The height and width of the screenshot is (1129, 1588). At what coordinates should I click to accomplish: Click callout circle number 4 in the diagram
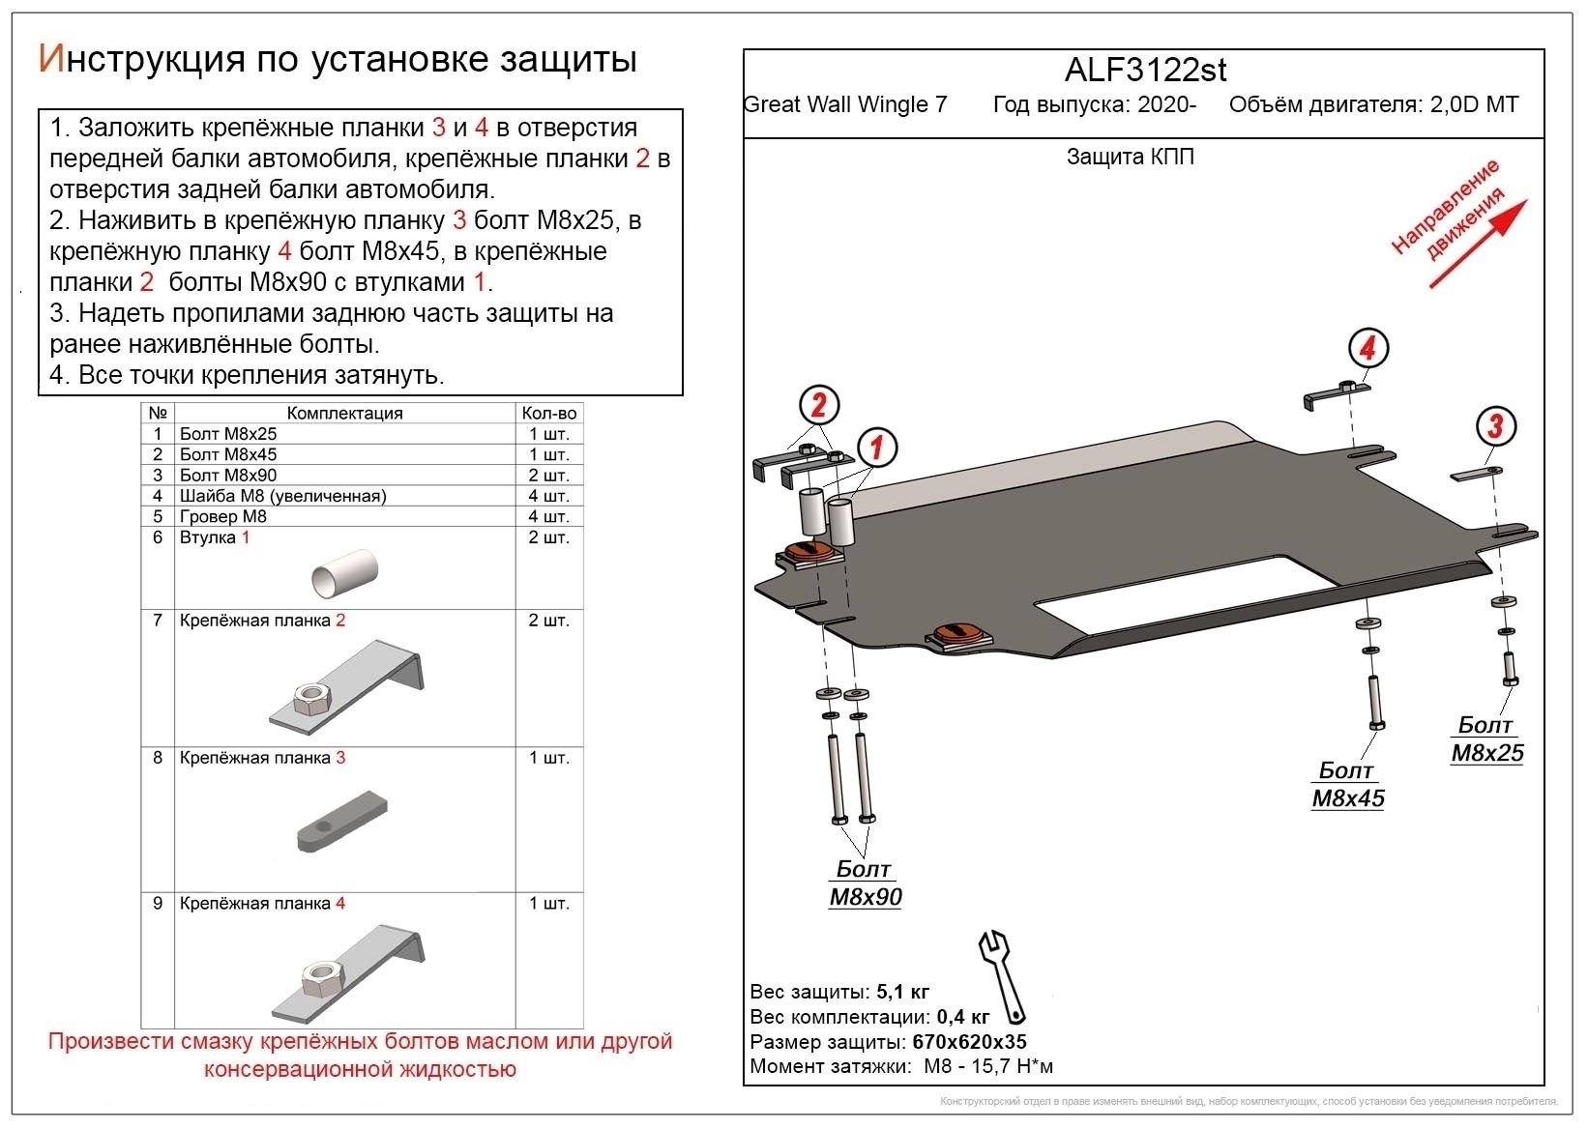1367,348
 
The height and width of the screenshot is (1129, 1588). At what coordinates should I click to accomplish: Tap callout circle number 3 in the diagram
1496,426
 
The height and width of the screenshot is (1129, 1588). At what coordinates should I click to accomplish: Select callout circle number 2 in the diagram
819,405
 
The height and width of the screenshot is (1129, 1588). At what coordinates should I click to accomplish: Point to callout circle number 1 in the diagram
876,448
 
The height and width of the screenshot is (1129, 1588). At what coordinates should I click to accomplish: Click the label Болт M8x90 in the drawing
866,883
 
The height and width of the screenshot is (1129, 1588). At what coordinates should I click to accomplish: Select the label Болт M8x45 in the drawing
1347,785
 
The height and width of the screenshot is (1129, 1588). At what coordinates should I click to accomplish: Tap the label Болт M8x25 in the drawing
1486,739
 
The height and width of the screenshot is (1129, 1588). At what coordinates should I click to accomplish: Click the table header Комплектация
344,413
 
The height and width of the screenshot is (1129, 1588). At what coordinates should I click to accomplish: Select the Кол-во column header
548,413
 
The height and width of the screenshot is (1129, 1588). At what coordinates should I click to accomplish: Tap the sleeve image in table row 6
344,573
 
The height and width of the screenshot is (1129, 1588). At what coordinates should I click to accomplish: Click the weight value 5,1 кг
902,992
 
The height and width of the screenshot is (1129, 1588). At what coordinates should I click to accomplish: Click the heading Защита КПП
1130,157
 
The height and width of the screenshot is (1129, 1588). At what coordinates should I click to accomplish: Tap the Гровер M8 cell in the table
223,516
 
